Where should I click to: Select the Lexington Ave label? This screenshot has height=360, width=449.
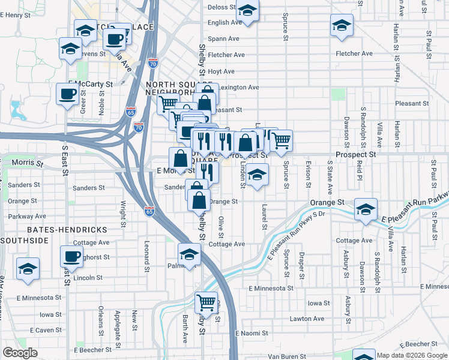click(x=238, y=88)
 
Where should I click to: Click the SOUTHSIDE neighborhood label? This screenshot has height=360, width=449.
click(x=25, y=241)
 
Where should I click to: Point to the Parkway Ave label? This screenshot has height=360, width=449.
click(x=28, y=216)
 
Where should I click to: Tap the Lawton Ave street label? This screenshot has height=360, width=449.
click(x=307, y=319)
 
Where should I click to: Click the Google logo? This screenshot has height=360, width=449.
click(x=20, y=353)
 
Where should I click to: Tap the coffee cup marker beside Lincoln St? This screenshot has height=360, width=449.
click(x=71, y=256)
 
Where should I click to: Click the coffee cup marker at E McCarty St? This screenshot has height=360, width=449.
click(x=67, y=94)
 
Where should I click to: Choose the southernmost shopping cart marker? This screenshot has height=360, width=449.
click(x=206, y=302)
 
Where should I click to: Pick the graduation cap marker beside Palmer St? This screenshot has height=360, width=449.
click(x=189, y=254)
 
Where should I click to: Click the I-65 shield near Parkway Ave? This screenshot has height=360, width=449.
click(x=149, y=211)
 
